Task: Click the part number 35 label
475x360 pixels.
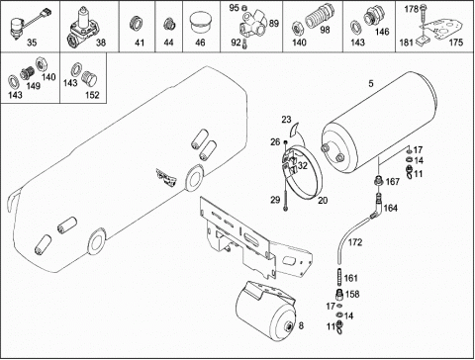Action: [32, 43]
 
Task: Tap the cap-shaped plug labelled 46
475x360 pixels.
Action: [199, 23]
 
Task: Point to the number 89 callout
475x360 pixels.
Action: [274, 24]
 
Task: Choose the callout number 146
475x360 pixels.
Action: [382, 32]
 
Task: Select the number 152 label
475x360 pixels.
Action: [92, 95]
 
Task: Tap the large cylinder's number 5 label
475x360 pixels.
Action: [371, 84]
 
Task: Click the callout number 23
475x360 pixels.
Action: [286, 120]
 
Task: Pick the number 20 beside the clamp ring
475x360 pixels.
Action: [323, 200]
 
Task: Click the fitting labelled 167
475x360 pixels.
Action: [379, 181]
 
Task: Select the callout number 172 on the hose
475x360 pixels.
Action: [355, 242]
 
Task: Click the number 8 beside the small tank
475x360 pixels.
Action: [301, 326]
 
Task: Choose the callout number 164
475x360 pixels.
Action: [391, 209]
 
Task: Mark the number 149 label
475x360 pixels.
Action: [34, 86]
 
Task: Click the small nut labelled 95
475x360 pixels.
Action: [244, 7]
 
